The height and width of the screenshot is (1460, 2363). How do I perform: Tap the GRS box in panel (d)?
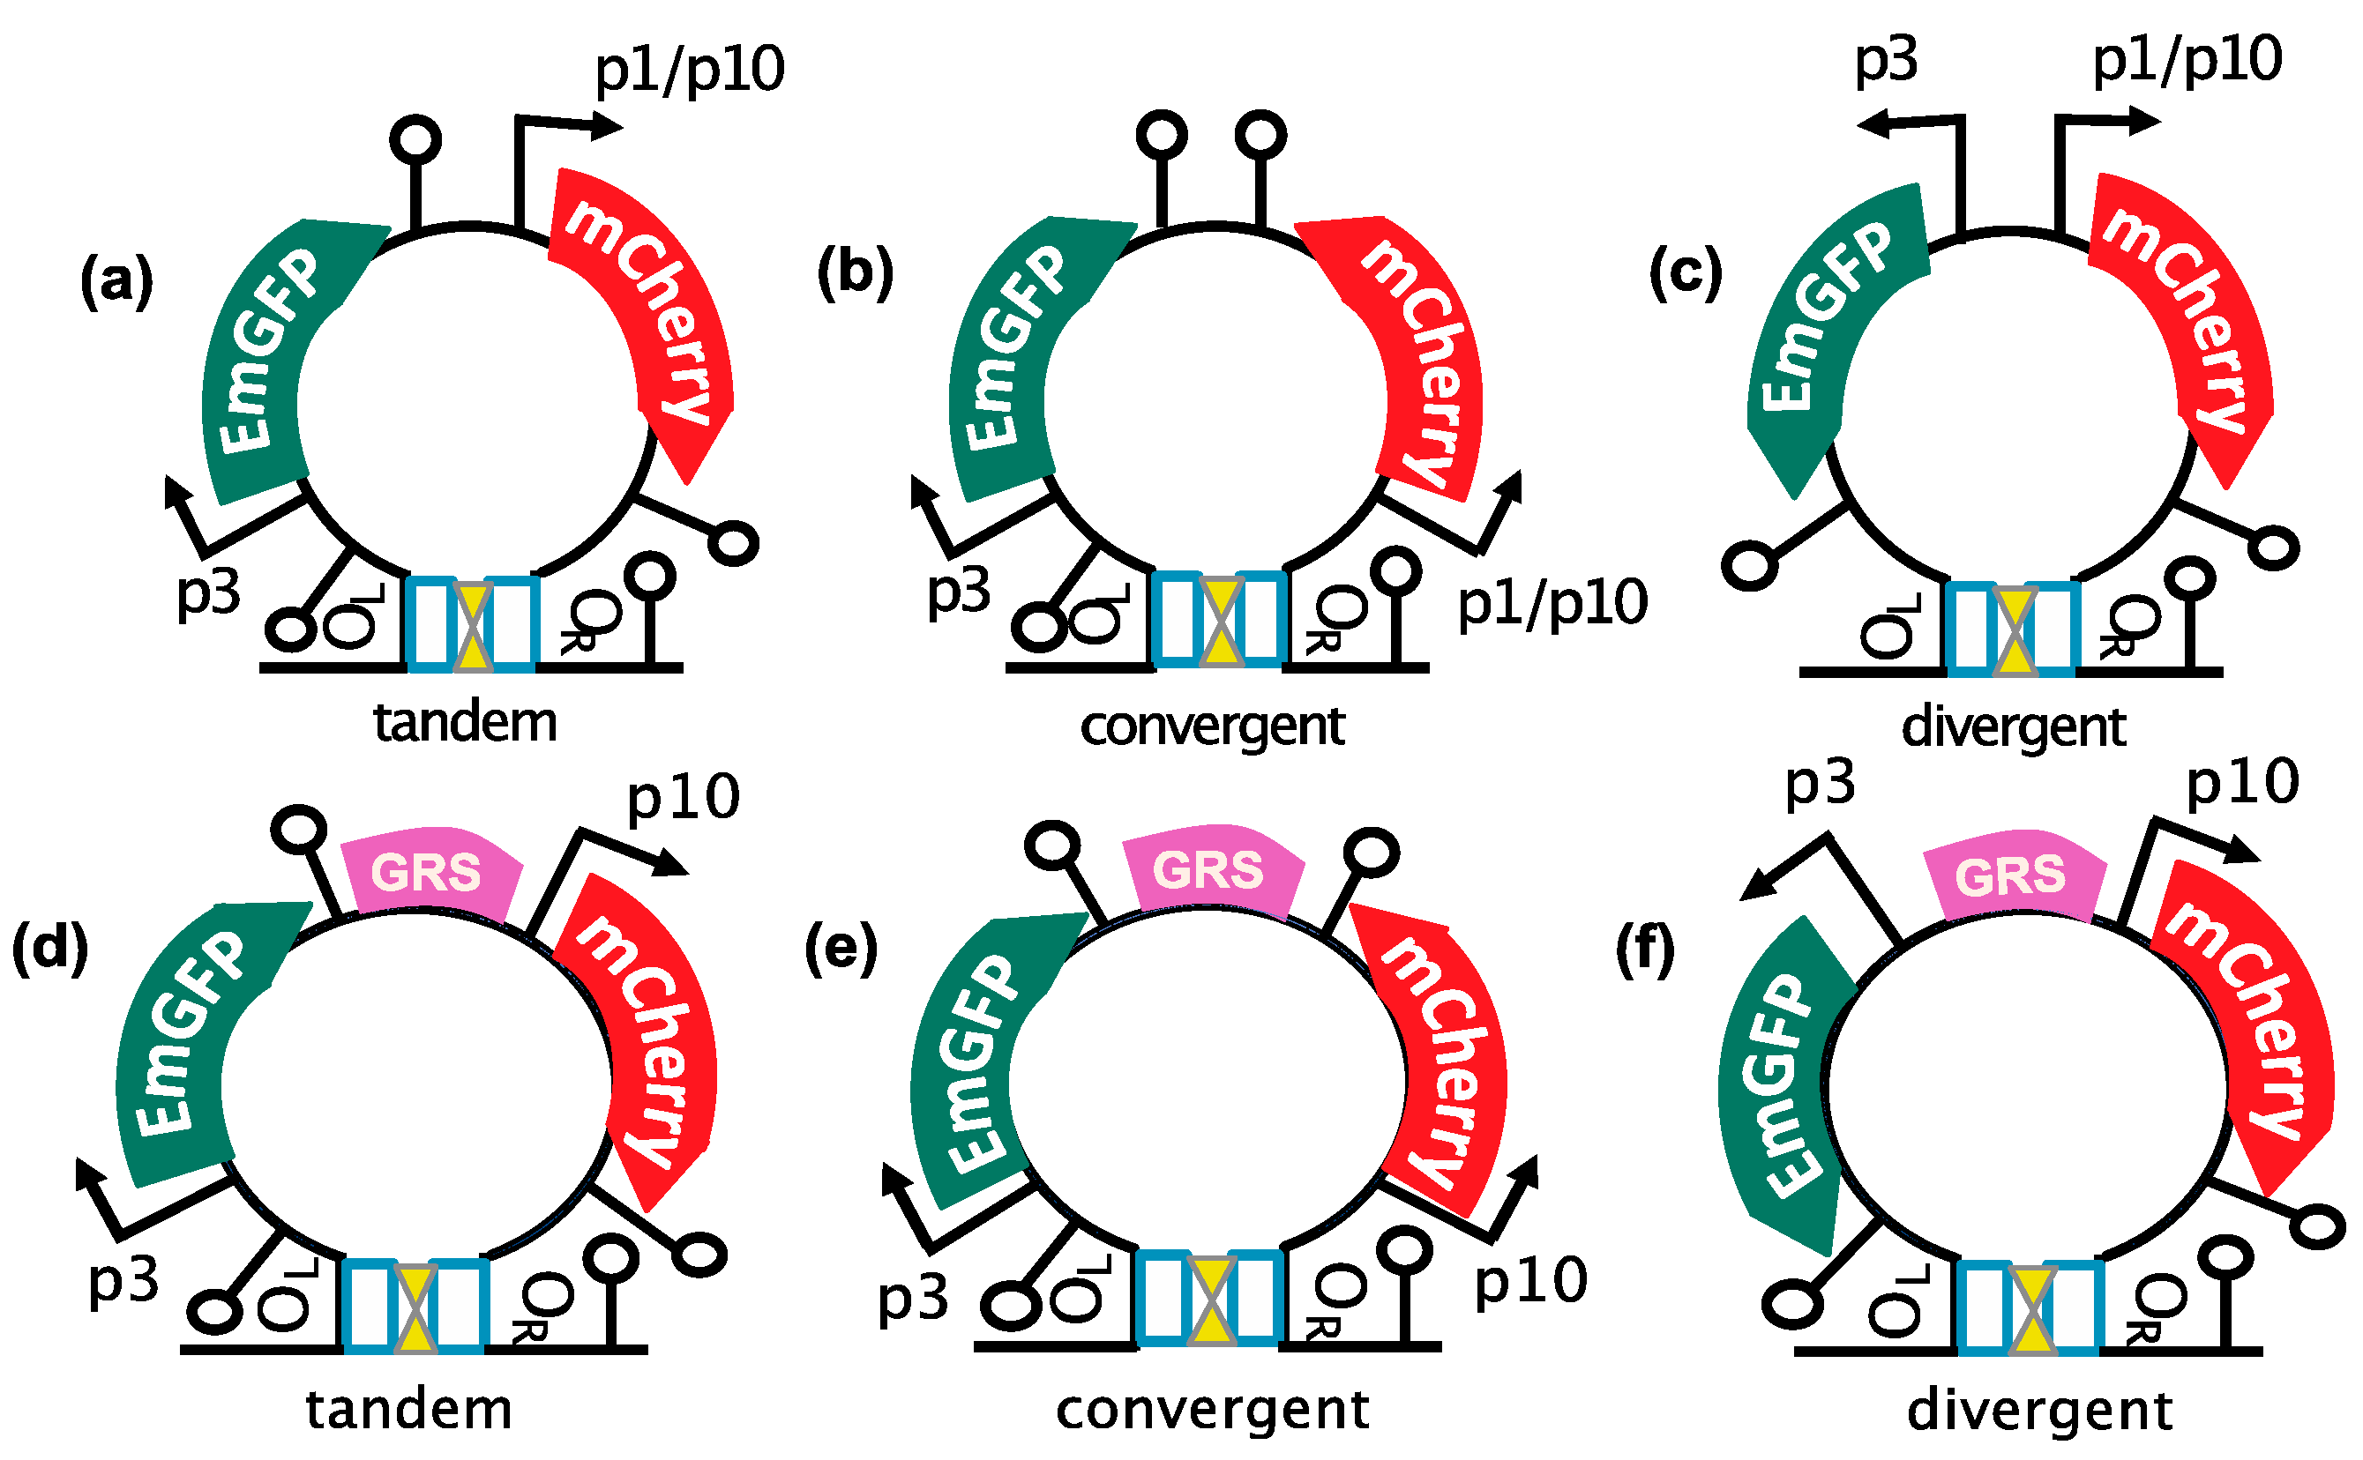click(428, 873)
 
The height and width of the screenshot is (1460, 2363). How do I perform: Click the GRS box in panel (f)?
click(2011, 876)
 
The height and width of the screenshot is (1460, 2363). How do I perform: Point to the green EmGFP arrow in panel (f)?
click(1783, 1082)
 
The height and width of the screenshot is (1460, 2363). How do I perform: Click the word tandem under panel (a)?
click(465, 722)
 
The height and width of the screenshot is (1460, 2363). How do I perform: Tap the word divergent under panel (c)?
click(2015, 726)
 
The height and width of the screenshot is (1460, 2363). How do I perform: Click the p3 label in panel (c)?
click(1885, 62)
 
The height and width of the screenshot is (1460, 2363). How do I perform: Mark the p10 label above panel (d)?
click(683, 800)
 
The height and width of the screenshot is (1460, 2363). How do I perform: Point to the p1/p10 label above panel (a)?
click(689, 70)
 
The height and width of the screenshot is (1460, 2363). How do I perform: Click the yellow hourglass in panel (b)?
click(1219, 619)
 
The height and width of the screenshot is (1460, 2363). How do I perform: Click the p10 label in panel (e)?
click(1531, 1282)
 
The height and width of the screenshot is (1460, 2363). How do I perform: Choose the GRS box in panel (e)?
click(1209, 870)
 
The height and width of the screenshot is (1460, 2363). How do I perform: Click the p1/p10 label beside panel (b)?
click(1552, 604)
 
